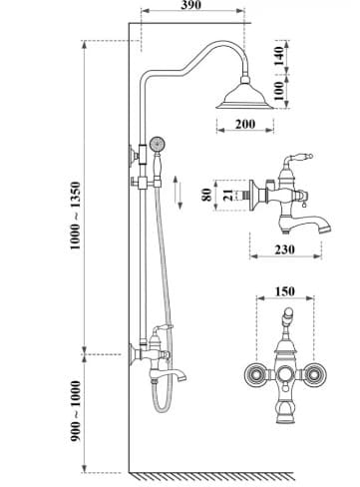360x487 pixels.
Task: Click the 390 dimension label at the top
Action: coord(190,5)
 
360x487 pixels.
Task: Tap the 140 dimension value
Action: coord(279,56)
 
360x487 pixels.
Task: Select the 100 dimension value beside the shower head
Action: coord(279,91)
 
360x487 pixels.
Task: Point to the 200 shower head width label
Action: coord(245,124)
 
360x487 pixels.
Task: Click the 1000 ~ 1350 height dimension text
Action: coord(75,216)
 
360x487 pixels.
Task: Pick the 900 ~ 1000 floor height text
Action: coord(75,411)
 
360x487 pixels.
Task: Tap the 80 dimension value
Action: coord(206,195)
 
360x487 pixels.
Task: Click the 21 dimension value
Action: coord(228,195)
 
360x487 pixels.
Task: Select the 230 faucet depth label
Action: coord(284,249)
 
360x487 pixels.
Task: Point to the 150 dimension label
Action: coord(285,291)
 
